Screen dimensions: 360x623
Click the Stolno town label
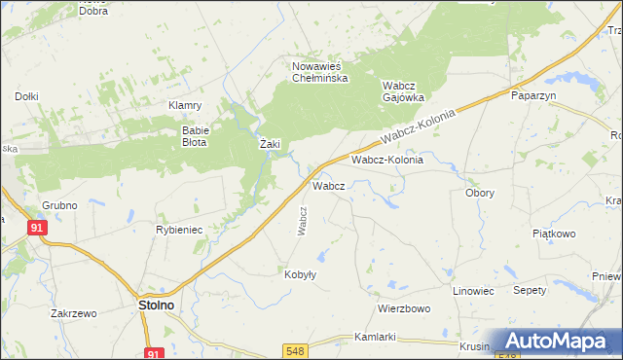[x=151, y=305]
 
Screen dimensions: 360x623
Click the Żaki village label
[x=270, y=144]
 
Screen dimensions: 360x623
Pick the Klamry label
[x=184, y=105]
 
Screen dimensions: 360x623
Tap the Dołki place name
[x=26, y=96]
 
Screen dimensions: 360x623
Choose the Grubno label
[x=59, y=205]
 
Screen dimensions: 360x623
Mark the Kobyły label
[x=300, y=274]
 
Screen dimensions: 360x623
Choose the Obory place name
[x=479, y=193]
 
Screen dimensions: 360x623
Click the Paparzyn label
[x=532, y=95]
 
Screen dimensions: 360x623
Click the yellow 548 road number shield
[x=297, y=348]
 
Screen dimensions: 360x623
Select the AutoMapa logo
[x=558, y=342]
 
